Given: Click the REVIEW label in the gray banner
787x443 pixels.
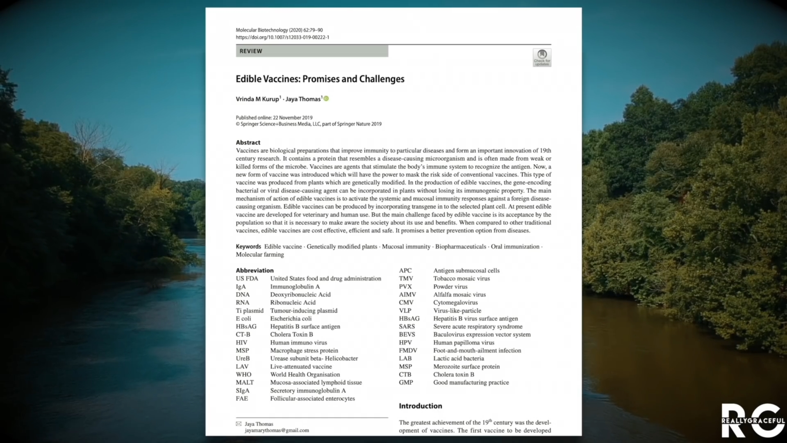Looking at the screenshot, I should click(250, 51).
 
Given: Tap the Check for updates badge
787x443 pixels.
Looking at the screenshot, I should click(542, 57).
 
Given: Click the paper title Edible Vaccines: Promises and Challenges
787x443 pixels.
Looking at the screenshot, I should click(320, 79).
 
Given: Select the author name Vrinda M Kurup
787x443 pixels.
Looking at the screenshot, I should click(257, 99).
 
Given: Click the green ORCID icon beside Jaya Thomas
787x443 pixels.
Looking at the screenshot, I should click(326, 98).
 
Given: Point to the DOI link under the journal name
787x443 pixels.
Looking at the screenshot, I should click(282, 37).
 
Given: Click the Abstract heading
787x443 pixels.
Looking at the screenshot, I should click(248, 143).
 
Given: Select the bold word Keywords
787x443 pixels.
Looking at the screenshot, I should click(248, 247).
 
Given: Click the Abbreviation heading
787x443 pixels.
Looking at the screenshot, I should click(255, 271).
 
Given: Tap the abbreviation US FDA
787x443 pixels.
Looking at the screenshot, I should click(247, 279).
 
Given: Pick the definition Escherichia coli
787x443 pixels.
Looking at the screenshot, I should click(291, 319).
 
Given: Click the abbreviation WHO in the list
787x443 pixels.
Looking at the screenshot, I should click(243, 374).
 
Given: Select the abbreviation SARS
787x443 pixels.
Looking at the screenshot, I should click(407, 327).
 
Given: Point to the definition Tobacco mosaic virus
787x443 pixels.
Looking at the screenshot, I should click(461, 279).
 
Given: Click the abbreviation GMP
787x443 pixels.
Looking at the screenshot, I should click(406, 382).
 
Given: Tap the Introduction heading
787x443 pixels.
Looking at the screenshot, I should click(420, 406).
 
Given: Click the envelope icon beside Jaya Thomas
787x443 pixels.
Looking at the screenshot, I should click(239, 424).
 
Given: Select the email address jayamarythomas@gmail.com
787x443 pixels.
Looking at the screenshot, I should click(277, 430).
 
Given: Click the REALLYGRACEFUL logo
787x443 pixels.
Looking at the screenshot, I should click(753, 421).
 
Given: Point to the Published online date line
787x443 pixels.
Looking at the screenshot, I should click(274, 118).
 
